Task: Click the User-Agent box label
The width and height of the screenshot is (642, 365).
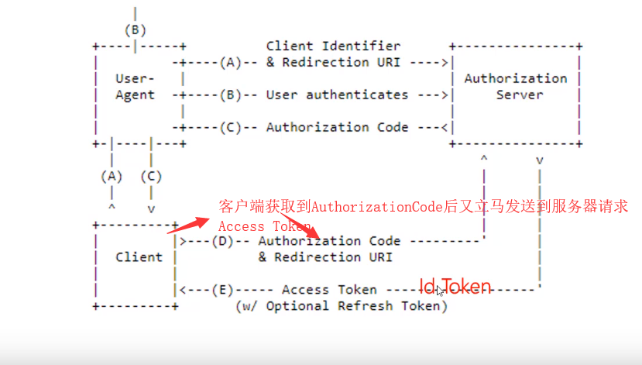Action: [x=135, y=87]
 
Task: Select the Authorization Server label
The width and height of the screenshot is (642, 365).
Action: [x=515, y=87]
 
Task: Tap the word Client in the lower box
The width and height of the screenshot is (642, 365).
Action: [x=139, y=257]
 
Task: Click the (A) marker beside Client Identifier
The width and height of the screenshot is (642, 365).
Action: [x=231, y=62]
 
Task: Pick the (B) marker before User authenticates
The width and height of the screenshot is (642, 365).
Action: [x=231, y=95]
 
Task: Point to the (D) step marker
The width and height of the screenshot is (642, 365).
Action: [x=223, y=241]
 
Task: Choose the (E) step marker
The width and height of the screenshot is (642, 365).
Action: [x=223, y=290]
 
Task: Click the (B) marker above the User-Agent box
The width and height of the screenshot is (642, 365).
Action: [x=136, y=30]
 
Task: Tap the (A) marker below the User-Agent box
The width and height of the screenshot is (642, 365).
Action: [x=112, y=176]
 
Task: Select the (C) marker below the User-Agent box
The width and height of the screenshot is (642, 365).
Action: [x=151, y=176]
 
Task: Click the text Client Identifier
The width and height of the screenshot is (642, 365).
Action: [x=333, y=46]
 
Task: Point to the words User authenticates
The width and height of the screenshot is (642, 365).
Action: [x=337, y=95]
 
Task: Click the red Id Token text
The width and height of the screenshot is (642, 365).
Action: [x=455, y=287]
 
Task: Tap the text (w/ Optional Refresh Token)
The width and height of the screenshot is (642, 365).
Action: [x=341, y=306]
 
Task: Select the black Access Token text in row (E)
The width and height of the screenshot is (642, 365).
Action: [x=329, y=290]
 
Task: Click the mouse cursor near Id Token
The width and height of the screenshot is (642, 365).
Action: [x=439, y=291]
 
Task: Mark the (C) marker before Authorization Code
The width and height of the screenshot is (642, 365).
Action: [x=231, y=128]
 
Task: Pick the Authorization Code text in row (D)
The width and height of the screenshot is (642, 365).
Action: [x=329, y=241]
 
